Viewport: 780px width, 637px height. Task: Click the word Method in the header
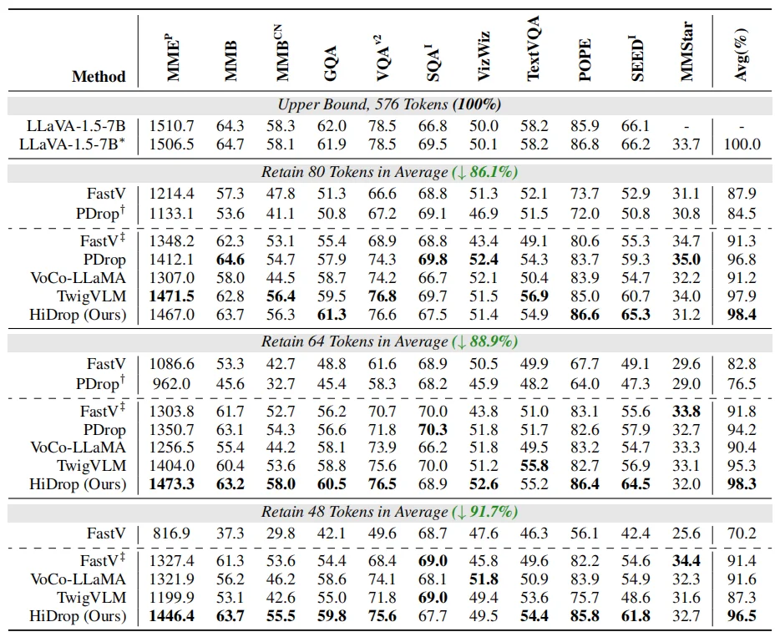[x=99, y=77]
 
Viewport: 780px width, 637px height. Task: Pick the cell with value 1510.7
[x=172, y=126]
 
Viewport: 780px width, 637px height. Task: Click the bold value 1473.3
[x=172, y=484]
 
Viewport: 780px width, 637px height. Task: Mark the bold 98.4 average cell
[x=741, y=315]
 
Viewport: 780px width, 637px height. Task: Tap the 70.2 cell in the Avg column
[x=741, y=532]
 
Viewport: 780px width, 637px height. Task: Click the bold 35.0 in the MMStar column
[x=687, y=260]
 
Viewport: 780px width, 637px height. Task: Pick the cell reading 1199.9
[x=172, y=598]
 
